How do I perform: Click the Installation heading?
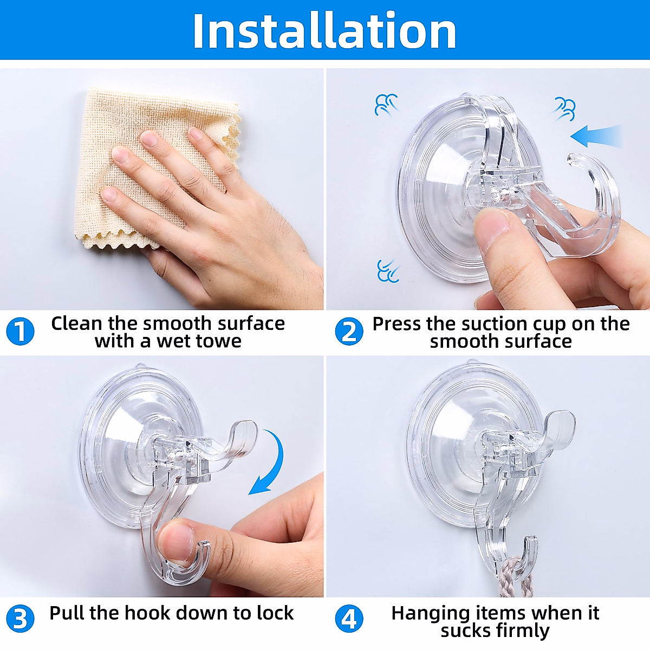[x=324, y=31]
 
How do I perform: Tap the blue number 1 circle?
[x=20, y=332]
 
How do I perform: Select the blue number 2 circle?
[x=349, y=332]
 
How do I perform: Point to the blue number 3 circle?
[x=20, y=619]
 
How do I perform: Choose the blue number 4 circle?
[x=349, y=619]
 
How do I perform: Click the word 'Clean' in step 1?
[x=76, y=324]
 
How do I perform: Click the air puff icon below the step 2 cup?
[x=388, y=270]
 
